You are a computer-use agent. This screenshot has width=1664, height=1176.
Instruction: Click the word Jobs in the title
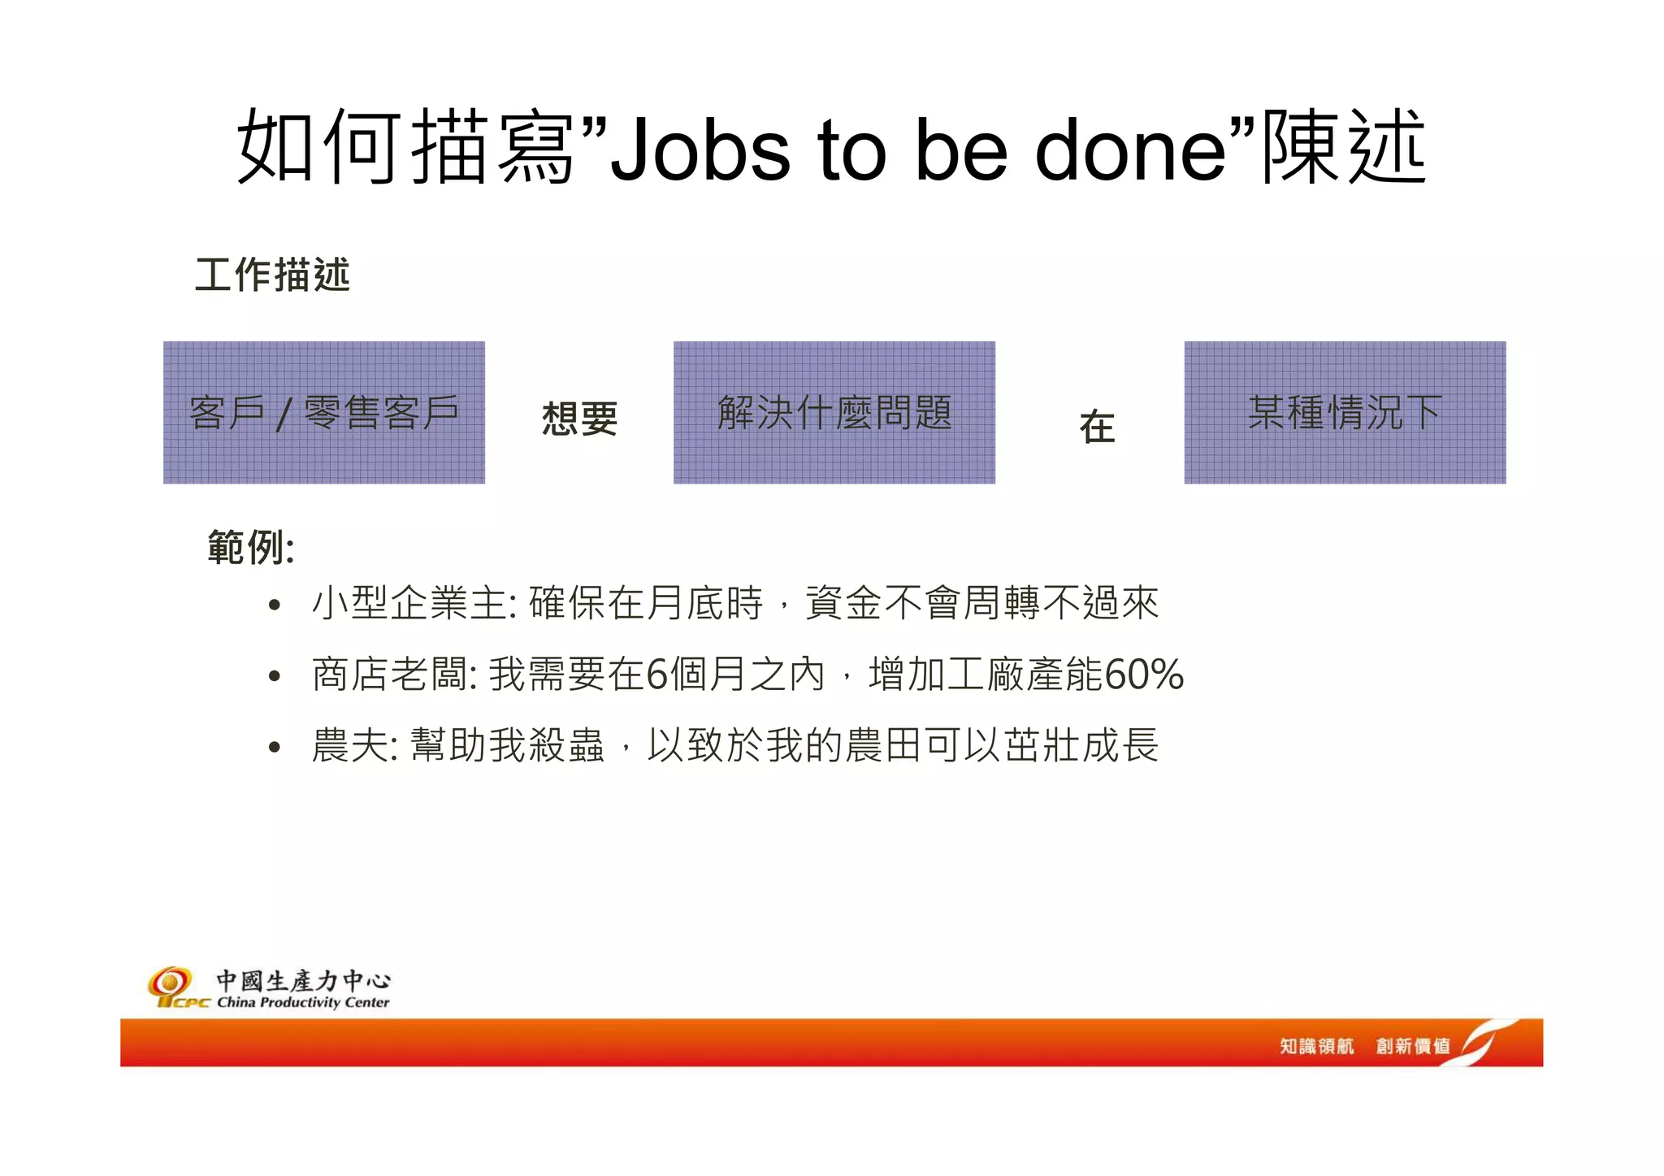tap(699, 150)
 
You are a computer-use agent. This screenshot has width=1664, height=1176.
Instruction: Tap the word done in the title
tap(1130, 150)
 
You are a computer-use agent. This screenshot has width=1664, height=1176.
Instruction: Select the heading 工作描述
tap(272, 275)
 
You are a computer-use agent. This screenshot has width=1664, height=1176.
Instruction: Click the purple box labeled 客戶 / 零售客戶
tap(323, 412)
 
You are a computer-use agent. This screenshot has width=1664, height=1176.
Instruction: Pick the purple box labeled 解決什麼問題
tap(834, 412)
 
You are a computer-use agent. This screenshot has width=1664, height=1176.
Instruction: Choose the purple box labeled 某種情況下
tap(1344, 412)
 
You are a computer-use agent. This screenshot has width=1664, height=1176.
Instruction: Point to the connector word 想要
tap(579, 419)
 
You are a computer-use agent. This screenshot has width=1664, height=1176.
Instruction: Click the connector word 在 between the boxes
tap(1097, 427)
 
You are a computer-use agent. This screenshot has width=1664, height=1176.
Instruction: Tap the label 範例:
tap(250, 548)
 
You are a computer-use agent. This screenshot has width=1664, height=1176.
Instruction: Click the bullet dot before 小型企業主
tap(275, 605)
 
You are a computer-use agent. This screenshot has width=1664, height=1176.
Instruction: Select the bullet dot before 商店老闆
tap(275, 675)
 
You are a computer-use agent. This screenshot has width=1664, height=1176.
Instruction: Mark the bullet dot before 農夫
tap(275, 746)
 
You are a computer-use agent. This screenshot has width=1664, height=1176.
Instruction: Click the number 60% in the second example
tap(1143, 675)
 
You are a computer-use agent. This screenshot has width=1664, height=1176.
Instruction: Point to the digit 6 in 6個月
tap(656, 675)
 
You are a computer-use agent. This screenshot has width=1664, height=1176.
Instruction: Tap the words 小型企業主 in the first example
tap(410, 604)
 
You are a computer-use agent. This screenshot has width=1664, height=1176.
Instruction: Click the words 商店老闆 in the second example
tap(391, 675)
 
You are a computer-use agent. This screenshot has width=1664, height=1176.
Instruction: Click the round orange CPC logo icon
tap(170, 983)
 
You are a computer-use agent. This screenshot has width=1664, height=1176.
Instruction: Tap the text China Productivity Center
tap(303, 1002)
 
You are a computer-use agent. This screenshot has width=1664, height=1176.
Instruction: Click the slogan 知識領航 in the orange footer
tap(1316, 1046)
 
